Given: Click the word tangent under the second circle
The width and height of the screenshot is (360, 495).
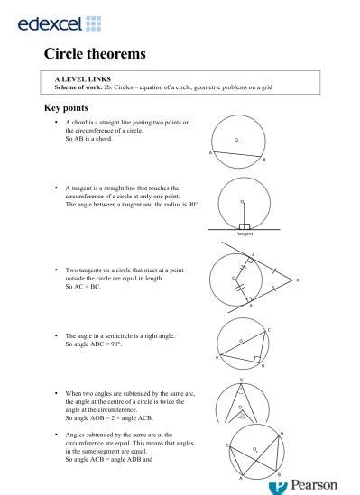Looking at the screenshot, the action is pyautogui.click(x=244, y=234).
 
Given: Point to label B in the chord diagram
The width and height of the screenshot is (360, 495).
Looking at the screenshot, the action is pyautogui.click(x=264, y=160).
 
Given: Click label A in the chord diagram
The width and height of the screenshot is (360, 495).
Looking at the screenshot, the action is pyautogui.click(x=210, y=152).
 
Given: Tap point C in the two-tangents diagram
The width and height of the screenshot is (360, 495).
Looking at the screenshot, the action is pyautogui.click(x=298, y=280).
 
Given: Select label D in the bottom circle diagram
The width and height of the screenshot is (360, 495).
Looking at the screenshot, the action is pyautogui.click(x=282, y=435).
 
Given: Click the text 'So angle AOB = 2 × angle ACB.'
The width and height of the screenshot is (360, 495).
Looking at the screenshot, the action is pyautogui.click(x=116, y=419).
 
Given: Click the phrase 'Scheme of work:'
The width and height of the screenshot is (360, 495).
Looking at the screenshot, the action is pyautogui.click(x=79, y=87).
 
